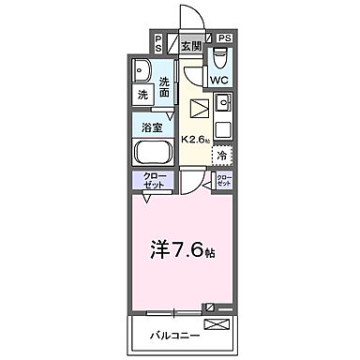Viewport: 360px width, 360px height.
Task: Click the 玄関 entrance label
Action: (x=191, y=45)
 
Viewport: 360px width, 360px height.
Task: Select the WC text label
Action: (x=218, y=81)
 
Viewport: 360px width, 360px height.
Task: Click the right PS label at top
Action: (x=224, y=38)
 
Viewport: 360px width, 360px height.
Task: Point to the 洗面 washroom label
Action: (x=165, y=86)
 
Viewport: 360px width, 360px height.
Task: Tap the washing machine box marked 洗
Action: (x=142, y=96)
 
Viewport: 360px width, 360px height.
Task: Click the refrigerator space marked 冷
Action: (x=223, y=156)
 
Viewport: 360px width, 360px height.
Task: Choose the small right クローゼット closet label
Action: (x=224, y=179)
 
